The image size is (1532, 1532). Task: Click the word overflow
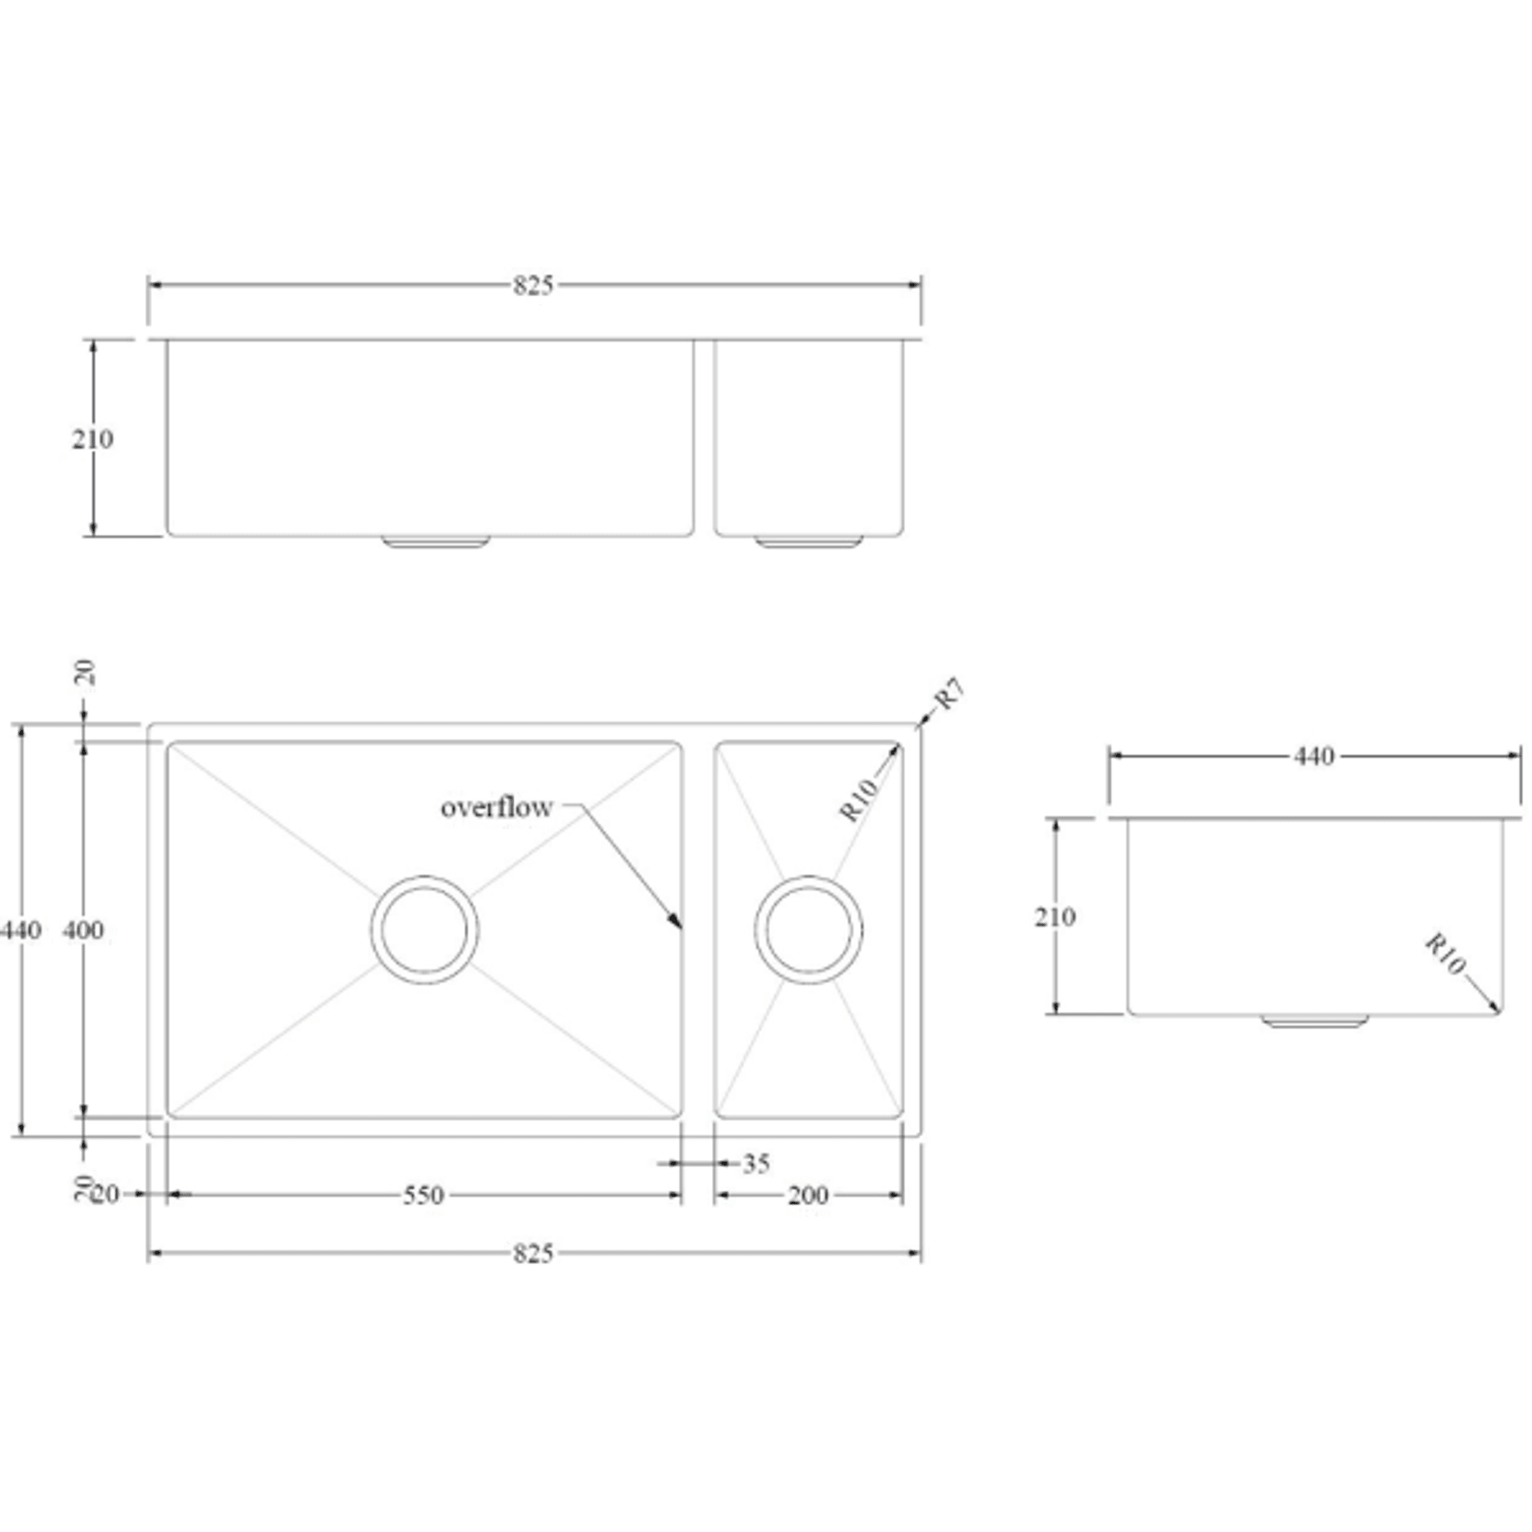(x=496, y=807)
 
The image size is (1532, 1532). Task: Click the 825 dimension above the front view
(x=533, y=286)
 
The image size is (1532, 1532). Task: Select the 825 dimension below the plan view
(x=533, y=1253)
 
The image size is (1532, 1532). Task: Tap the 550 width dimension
(x=423, y=1196)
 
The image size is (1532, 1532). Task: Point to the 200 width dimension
(x=808, y=1196)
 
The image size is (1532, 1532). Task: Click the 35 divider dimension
(x=756, y=1164)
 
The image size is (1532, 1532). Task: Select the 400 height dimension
(x=83, y=931)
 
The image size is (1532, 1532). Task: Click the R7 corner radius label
(x=950, y=694)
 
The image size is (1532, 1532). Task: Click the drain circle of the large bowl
(x=424, y=930)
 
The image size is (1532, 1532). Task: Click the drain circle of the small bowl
(x=808, y=930)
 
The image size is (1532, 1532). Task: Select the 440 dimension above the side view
(x=1314, y=756)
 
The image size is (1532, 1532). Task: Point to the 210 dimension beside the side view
(x=1055, y=917)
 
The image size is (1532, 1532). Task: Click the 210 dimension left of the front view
(x=92, y=440)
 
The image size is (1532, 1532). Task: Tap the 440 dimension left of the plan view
(x=20, y=931)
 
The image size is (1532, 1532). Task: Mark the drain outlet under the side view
(x=1314, y=1020)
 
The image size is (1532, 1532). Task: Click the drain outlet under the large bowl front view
(x=435, y=542)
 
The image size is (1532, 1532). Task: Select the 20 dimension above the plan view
(x=83, y=673)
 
